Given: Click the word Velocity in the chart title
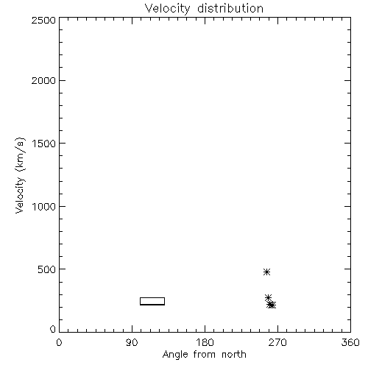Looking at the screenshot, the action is tap(167, 9).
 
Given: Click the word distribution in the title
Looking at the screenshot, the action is tap(230, 8).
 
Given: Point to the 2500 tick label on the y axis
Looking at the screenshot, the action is tap(43, 20).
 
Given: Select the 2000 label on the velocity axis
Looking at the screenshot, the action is tap(43, 80).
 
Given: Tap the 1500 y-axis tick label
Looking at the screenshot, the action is tap(44, 144).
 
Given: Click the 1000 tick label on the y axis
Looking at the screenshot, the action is tap(44, 207).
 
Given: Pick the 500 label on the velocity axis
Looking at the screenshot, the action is tap(47, 269).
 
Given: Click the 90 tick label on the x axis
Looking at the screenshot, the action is tap(132, 342).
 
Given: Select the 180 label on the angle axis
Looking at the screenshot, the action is tap(205, 342).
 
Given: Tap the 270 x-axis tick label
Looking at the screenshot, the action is tap(277, 342).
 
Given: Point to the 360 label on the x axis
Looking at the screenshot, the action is tap(350, 342).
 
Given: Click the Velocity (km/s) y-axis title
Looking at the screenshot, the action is tap(20, 175).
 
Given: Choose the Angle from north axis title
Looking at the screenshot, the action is tap(205, 355).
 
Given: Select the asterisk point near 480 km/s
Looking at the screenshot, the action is tap(266, 272).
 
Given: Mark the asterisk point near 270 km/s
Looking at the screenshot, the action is tap(268, 298).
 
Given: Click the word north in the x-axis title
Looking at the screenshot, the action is tap(234, 354).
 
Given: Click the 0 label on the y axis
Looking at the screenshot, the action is tap(53, 329).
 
